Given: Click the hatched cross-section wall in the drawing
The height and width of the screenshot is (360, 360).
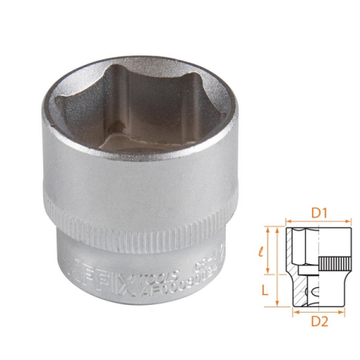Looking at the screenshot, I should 297,292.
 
